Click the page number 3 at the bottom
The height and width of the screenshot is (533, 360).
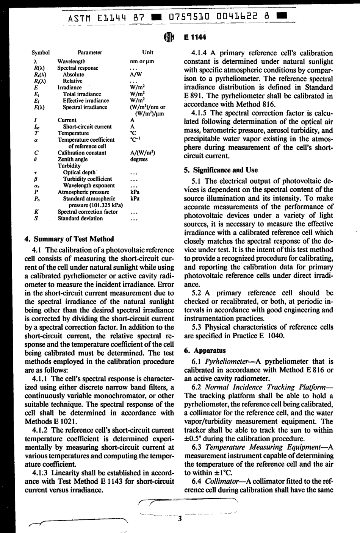click(x=180, y=519)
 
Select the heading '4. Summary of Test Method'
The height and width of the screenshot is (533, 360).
click(x=69, y=239)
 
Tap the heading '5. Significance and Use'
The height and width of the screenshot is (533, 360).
click(x=221, y=170)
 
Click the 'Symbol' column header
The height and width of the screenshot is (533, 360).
click(x=41, y=53)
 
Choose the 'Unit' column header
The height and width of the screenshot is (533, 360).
click(x=147, y=53)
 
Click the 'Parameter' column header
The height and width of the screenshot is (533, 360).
click(x=90, y=53)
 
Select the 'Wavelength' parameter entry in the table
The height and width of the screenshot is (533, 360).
click(x=71, y=61)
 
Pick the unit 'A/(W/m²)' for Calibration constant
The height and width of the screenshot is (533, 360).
click(x=142, y=153)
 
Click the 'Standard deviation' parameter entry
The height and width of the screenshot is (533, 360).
click(x=80, y=218)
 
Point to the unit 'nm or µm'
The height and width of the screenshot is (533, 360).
click(x=142, y=61)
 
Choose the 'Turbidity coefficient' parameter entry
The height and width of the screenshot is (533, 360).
click(x=88, y=179)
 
